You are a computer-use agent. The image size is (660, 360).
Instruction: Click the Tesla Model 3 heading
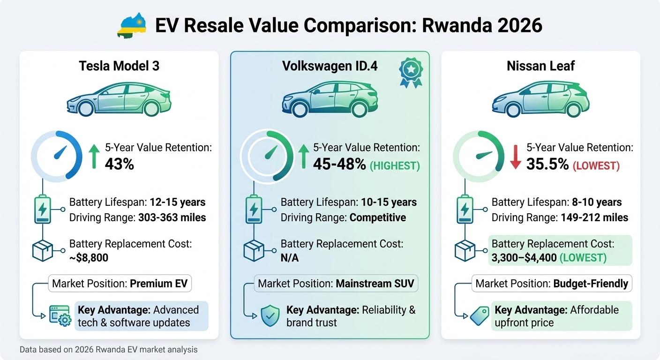(119, 66)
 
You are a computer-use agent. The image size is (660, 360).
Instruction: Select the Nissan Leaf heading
(540, 66)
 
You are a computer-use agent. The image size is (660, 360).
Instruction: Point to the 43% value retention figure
(120, 165)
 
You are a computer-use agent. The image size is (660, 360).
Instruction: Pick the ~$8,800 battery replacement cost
(90, 258)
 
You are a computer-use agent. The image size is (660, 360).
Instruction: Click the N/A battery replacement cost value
(290, 258)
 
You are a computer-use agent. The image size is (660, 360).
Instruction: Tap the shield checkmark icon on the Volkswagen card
(270, 316)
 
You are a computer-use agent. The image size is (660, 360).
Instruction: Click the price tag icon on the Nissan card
(480, 316)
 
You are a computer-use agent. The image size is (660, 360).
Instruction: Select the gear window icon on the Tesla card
(60, 316)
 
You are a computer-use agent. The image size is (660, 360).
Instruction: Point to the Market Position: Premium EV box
(120, 284)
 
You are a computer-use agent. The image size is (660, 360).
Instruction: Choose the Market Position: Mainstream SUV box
(336, 284)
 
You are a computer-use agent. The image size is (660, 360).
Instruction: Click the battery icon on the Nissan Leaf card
(465, 210)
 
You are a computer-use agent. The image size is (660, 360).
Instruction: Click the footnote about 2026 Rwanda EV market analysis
(109, 350)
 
